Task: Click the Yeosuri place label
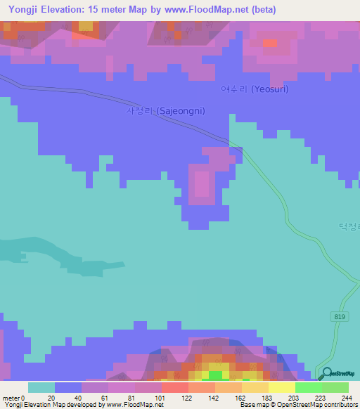pyautogui.click(x=255, y=89)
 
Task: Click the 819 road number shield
pyautogui.click(x=340, y=318)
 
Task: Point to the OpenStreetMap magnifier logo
pyautogui.click(x=326, y=373)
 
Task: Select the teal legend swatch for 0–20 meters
pyautogui.click(x=41, y=388)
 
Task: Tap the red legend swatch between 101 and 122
pyautogui.click(x=174, y=388)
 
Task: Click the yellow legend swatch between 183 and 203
pyautogui.click(x=282, y=388)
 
